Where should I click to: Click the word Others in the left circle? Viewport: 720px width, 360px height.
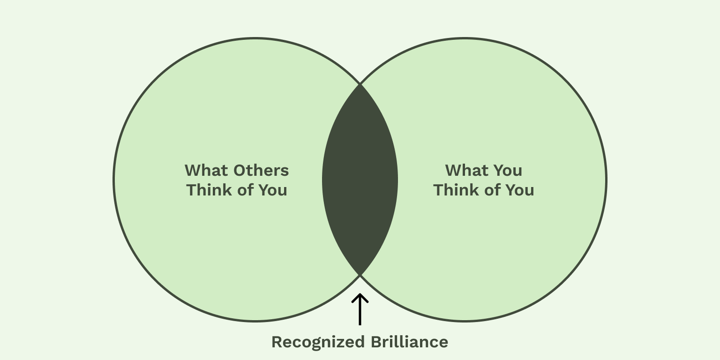point(261,170)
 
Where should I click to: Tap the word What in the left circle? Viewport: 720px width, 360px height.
point(205,170)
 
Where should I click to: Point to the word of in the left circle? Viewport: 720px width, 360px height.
point(245,190)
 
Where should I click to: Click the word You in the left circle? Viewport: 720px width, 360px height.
point(272,190)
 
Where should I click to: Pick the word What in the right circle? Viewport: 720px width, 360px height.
point(466,170)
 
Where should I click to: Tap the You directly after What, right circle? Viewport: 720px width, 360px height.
point(507,170)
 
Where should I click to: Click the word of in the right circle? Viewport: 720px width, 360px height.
point(492,190)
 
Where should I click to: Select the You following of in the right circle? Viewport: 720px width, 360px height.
point(519,190)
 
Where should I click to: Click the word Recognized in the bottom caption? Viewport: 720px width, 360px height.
point(318,342)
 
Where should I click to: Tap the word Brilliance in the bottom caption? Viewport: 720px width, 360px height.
point(409,342)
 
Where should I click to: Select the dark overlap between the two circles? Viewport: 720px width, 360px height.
point(360,180)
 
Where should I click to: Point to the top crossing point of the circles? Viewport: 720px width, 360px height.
point(360,84)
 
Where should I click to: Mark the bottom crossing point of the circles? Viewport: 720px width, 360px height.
point(360,276)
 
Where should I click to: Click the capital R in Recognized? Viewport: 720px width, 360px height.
point(277,342)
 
